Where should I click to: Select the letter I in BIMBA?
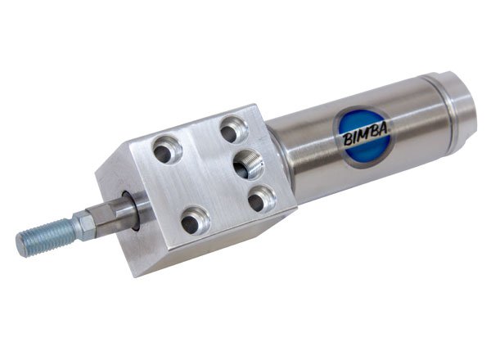tap(354, 138)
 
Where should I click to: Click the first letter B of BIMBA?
tap(347, 140)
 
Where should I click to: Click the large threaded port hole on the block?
tap(248, 164)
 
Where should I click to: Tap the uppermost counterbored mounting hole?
tap(233, 130)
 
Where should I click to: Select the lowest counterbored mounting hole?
tap(196, 221)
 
